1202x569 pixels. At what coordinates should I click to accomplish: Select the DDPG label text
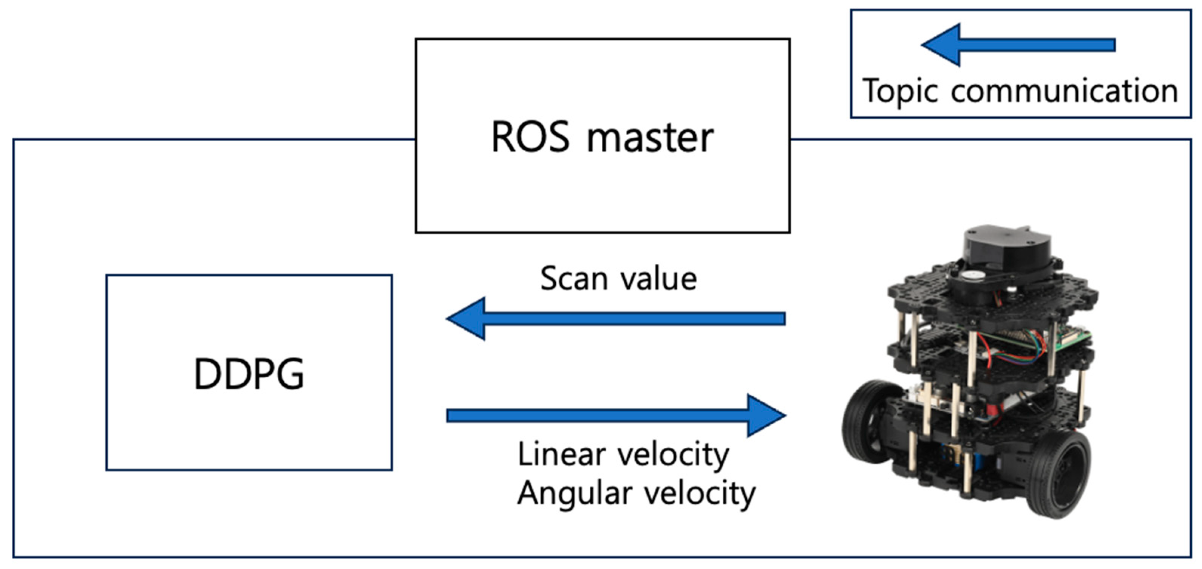(249, 373)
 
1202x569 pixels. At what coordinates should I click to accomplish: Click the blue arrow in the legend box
(1018, 45)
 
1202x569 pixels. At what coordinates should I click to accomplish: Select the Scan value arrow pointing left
(616, 319)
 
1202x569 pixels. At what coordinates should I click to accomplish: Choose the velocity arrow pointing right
(616, 416)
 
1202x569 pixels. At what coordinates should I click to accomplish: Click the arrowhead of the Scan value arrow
(466, 319)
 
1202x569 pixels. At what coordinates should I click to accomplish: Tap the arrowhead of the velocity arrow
(767, 416)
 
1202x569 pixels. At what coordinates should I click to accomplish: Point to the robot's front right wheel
(1059, 473)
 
